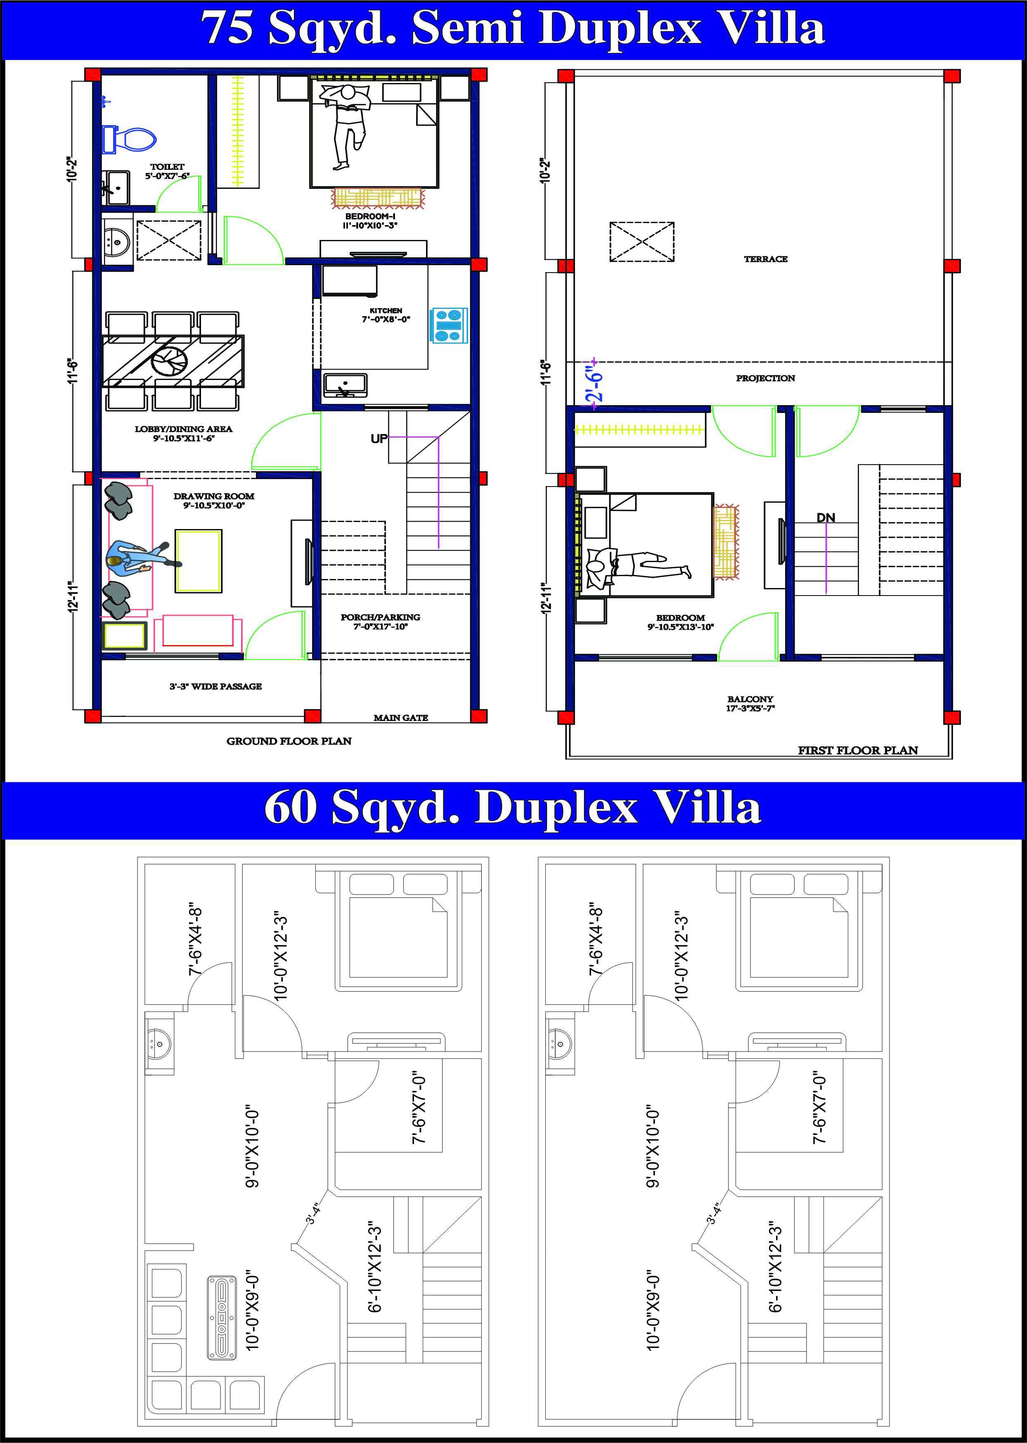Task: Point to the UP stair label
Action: pyautogui.click(x=379, y=439)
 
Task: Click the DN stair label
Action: pyautogui.click(x=825, y=517)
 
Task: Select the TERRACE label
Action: pyautogui.click(x=765, y=259)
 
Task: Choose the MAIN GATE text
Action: pyautogui.click(x=400, y=717)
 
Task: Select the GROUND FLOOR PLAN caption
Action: pyautogui.click(x=289, y=741)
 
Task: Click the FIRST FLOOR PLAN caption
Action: pyautogui.click(x=857, y=750)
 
